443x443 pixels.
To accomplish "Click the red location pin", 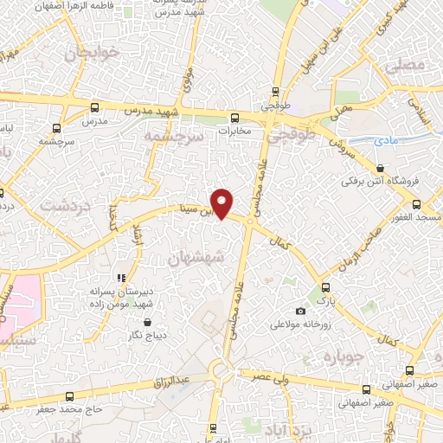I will pos(223,202).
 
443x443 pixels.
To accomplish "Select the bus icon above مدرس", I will pos(94,108).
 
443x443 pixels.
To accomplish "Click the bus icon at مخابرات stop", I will pos(234,117).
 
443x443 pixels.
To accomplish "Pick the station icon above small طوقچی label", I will pos(275,92).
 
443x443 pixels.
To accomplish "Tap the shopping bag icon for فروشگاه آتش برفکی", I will pos(381,168).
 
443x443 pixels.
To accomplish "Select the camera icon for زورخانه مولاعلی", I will pos(300,311).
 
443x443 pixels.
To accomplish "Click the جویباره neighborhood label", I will pos(340,356).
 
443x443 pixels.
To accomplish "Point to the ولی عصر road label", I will pos(271,377).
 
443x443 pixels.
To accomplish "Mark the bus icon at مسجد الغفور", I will pos(416,204).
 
